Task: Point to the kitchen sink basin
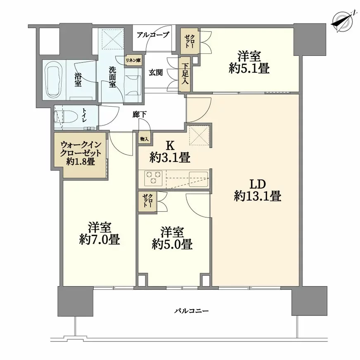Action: (x=199, y=178)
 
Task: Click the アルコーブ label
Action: (x=153, y=35)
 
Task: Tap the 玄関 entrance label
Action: (x=156, y=73)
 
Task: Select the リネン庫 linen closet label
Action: (x=133, y=61)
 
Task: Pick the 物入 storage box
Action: (x=144, y=139)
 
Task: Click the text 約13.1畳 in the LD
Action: (x=257, y=197)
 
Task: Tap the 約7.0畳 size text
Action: (x=99, y=240)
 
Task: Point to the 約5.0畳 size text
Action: (x=172, y=245)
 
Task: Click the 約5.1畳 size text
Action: (x=249, y=69)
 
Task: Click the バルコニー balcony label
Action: (x=191, y=311)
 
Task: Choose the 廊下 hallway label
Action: (x=140, y=115)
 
